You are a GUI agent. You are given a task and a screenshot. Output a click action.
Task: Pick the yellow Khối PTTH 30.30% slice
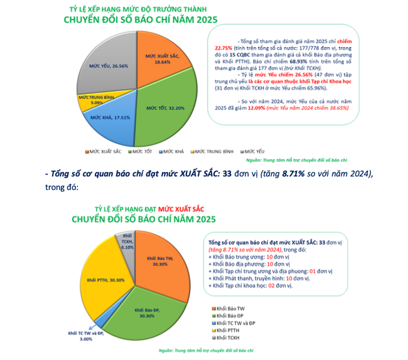click(x=104, y=279)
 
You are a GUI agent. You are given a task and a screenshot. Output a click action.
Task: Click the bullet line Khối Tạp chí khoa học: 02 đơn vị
click(x=251, y=285)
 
